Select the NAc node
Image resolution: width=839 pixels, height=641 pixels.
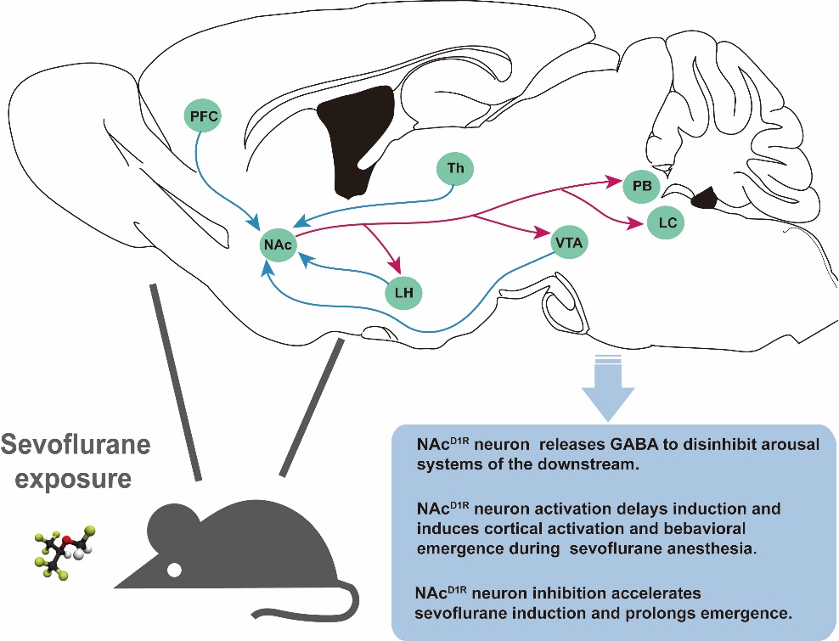click(x=278, y=245)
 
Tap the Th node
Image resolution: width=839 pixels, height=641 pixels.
click(x=455, y=170)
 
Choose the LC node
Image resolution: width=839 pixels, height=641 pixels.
click(x=666, y=225)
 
